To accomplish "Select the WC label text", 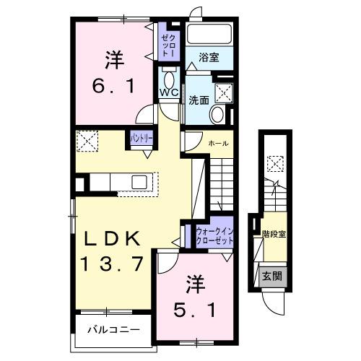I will [170, 93].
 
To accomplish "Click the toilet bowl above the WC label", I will [170, 78].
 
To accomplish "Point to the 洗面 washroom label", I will [199, 100].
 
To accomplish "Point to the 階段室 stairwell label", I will [273, 234].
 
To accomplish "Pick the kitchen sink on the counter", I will [139, 181].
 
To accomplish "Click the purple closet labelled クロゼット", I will [167, 45].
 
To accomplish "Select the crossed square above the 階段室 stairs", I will [274, 163].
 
